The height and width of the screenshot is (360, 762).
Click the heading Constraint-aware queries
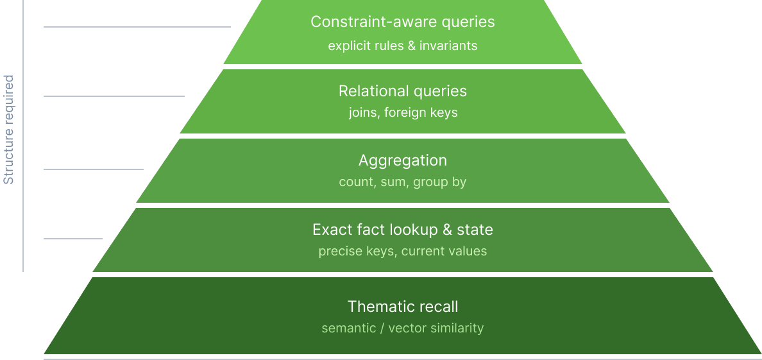(x=402, y=22)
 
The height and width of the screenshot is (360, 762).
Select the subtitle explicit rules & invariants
(x=402, y=46)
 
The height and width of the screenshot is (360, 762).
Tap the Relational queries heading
(x=402, y=91)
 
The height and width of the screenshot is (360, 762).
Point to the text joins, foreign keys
(x=403, y=113)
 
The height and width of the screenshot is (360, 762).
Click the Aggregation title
(x=402, y=160)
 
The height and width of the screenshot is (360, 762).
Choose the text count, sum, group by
(x=402, y=182)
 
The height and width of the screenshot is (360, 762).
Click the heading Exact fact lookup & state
(x=402, y=230)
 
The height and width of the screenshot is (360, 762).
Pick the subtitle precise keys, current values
(x=402, y=252)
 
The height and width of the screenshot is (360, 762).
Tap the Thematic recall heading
(x=402, y=307)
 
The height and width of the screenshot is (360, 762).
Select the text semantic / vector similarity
(x=402, y=329)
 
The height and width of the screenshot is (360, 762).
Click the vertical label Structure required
(x=9, y=130)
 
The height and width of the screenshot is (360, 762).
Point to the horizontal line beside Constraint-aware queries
(x=137, y=27)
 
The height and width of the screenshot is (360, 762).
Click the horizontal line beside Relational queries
(x=114, y=96)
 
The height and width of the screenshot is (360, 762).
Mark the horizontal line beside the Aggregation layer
(x=93, y=169)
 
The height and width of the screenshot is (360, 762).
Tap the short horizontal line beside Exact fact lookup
(x=72, y=239)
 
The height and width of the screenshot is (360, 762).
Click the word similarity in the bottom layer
(x=457, y=329)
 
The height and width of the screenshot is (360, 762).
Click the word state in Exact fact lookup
(x=475, y=230)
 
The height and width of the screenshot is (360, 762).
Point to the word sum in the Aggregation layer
(x=393, y=182)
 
